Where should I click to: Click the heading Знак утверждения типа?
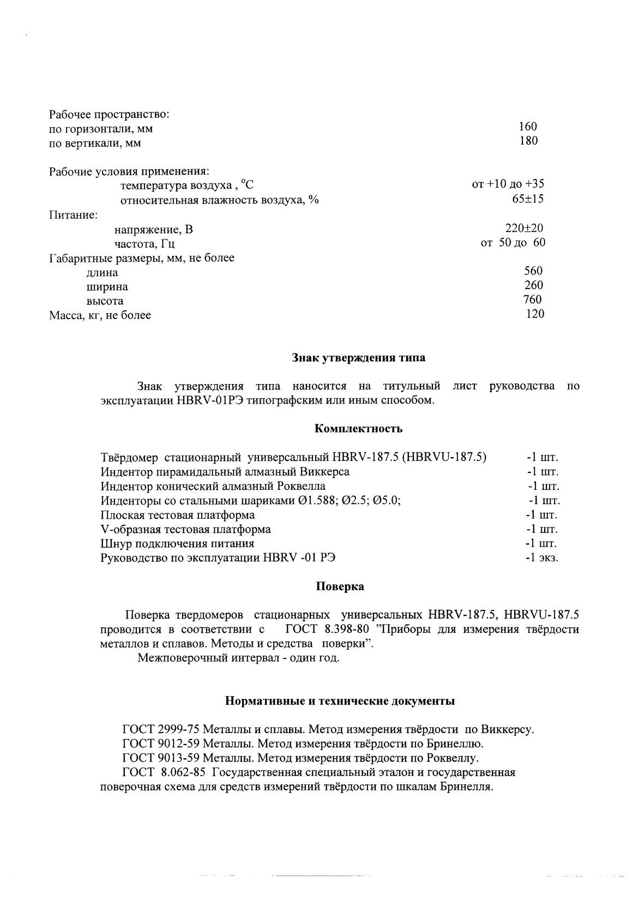click(x=358, y=358)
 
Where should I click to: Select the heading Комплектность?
click(x=359, y=429)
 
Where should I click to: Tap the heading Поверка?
click(x=340, y=587)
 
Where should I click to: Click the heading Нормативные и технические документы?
click(x=340, y=701)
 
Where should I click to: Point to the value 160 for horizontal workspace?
click(x=528, y=127)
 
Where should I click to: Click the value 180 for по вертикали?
click(x=528, y=141)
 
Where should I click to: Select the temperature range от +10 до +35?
click(x=508, y=184)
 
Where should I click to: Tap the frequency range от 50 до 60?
click(x=513, y=242)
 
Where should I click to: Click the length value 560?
click(x=533, y=271)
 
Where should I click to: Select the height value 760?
click(x=532, y=299)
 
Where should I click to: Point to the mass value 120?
click(x=535, y=314)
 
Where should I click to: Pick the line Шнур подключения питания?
click(x=178, y=543)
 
